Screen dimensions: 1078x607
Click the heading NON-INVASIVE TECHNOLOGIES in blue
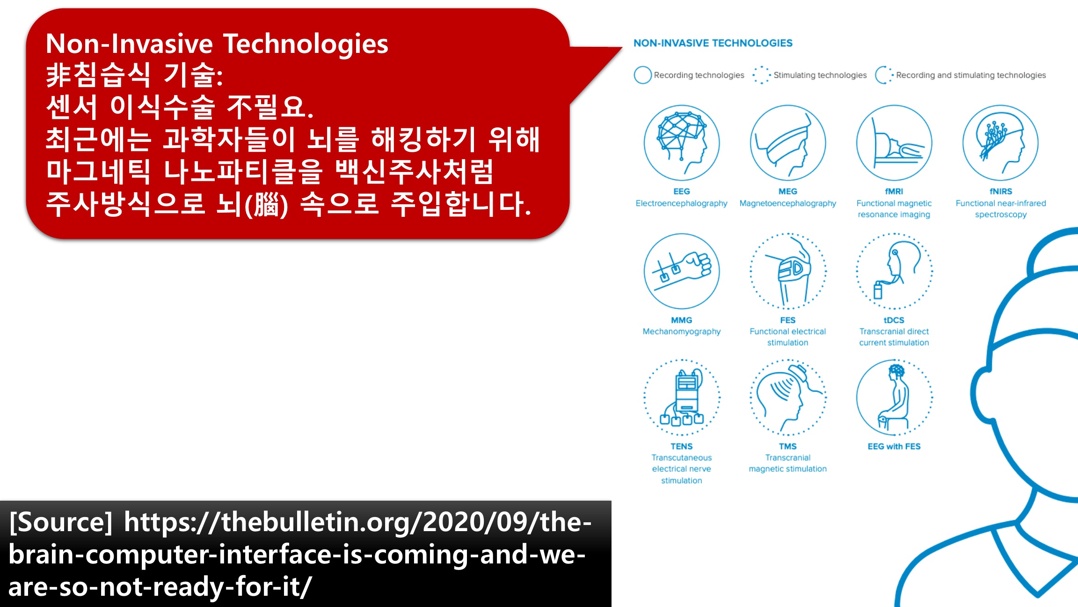713,43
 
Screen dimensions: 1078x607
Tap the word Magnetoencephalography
788,204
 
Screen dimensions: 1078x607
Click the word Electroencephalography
682,204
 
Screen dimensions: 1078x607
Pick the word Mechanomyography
682,332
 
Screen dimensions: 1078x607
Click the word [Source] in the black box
61,522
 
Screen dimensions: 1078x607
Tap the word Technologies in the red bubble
306,44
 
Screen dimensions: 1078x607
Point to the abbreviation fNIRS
1001,192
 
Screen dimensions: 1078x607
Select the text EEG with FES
894,446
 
